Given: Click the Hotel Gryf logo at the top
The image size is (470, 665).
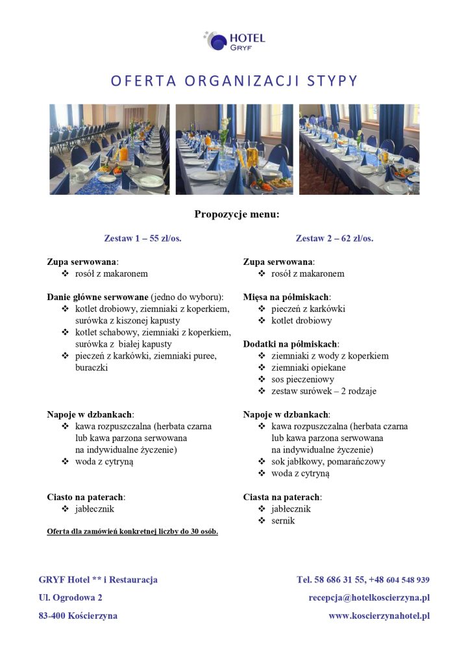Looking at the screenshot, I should pos(234,41).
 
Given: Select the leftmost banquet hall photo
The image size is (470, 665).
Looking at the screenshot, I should pos(109,149).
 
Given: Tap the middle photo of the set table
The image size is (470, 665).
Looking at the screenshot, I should pos(234,149).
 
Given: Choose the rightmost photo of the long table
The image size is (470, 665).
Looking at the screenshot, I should pos(359,149).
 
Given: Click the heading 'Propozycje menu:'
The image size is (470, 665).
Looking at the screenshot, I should pos(236,214).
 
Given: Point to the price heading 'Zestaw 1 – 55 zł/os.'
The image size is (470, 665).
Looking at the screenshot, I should pos(143,238).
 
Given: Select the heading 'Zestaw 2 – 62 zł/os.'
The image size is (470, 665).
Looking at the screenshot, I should pos(334,238).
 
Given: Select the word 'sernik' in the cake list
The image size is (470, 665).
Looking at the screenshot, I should pos(283,521).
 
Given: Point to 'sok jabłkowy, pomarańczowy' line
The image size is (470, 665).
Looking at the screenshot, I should pos(328,462).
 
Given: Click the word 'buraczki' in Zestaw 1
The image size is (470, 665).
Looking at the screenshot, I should pos(92,368).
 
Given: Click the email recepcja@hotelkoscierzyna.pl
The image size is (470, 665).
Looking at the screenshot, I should pos(369,597).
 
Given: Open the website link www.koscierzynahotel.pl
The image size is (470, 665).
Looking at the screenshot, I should pos(379,616).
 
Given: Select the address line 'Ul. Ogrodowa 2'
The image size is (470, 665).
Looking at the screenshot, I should pos(70,597).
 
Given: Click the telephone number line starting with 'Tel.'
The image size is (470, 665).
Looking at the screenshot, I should pos(363,580).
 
